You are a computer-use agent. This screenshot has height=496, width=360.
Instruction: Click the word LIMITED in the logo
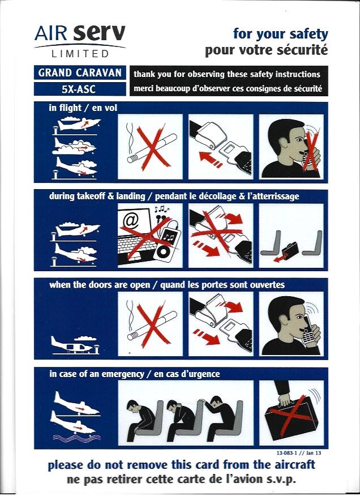click(x=80, y=54)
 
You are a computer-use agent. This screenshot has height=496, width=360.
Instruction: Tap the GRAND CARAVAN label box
click(x=80, y=72)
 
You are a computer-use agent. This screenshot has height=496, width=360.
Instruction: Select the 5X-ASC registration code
click(x=80, y=89)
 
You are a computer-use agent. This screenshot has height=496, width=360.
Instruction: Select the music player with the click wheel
click(x=165, y=244)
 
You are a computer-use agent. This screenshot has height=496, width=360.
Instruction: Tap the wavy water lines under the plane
click(x=77, y=438)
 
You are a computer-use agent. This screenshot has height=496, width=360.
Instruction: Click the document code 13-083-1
click(x=286, y=453)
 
